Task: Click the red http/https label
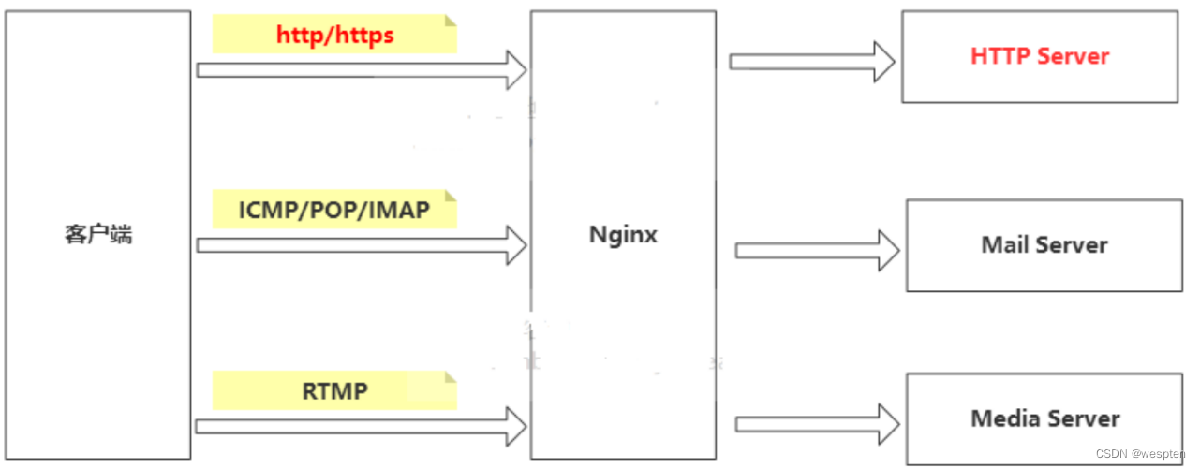(334, 36)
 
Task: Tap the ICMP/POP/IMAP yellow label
(333, 210)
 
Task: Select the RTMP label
(334, 390)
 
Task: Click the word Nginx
(623, 234)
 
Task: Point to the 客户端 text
(98, 234)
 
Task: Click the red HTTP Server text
(1039, 56)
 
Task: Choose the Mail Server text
(1044, 245)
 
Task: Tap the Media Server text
(1044, 418)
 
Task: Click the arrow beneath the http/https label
(361, 69)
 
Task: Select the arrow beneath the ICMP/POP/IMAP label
(361, 244)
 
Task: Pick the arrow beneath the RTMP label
(361, 426)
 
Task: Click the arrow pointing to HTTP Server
(811, 61)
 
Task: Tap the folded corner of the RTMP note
(451, 377)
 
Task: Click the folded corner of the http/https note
(451, 21)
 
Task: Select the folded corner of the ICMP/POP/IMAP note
(451, 196)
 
